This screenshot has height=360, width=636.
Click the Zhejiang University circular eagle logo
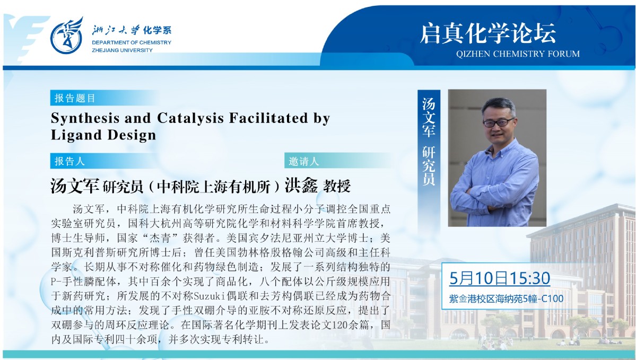click(66, 37)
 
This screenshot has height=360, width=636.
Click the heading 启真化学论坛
click(488, 33)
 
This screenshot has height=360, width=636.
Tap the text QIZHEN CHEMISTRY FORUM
click(518, 54)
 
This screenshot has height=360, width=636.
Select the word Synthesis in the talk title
click(85, 118)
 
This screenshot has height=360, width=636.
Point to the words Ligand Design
click(103, 135)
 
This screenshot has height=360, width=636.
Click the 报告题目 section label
click(75, 98)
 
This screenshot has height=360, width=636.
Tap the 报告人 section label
click(69, 161)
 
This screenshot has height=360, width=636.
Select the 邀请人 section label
click(304, 161)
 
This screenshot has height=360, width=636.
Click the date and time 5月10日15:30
click(500, 278)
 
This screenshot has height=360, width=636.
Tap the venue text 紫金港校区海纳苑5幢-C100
click(506, 299)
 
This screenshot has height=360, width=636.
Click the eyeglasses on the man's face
click(499, 122)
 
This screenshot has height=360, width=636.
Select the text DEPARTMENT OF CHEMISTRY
click(132, 42)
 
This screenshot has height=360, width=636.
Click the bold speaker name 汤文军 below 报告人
click(75, 186)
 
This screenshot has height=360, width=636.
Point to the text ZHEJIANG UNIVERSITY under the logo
click(122, 50)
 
